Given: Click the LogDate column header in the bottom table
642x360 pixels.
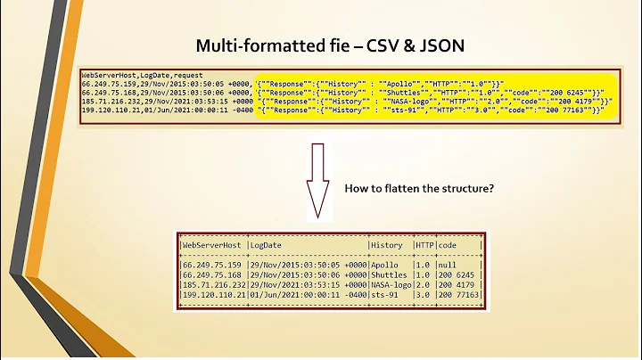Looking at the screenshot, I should [x=267, y=244].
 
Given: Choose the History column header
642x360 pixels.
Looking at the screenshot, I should [x=388, y=244].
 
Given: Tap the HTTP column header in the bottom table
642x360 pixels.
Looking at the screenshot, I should [x=424, y=244].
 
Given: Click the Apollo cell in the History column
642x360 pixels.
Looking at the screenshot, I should [x=385, y=265].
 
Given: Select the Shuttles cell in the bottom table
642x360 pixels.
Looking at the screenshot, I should [x=390, y=274].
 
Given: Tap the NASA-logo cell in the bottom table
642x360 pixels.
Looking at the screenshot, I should [x=391, y=284].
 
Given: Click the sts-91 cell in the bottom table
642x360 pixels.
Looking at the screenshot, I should [x=385, y=294].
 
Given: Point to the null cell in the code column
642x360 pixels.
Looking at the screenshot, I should [x=448, y=265].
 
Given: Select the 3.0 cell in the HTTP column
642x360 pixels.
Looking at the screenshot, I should [x=422, y=294].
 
